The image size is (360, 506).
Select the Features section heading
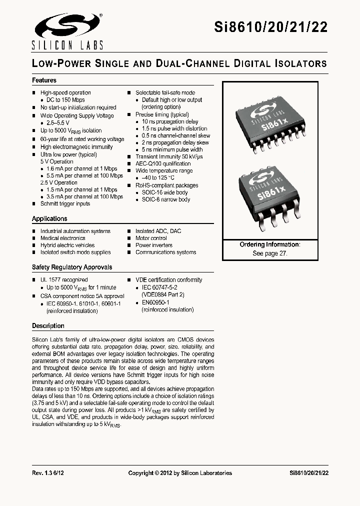click(x=44, y=80)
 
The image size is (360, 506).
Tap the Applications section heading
click(x=49, y=219)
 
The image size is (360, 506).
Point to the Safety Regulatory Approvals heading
click(x=72, y=267)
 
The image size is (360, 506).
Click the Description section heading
click(x=48, y=326)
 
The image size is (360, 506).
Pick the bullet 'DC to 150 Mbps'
click(x=65, y=100)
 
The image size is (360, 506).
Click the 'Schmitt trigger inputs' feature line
click(x=65, y=203)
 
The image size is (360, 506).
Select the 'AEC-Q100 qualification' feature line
click(x=163, y=163)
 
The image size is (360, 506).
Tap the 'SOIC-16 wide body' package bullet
click(x=165, y=192)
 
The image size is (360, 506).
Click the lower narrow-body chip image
click(x=272, y=197)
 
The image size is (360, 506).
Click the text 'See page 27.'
click(x=270, y=253)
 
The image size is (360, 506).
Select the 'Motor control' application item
click(x=151, y=238)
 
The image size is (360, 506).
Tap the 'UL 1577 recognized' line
click(x=63, y=280)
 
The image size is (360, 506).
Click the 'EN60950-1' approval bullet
click(x=156, y=302)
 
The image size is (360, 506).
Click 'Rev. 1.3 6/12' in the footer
click(x=48, y=473)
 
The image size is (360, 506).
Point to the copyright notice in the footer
click(x=180, y=473)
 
